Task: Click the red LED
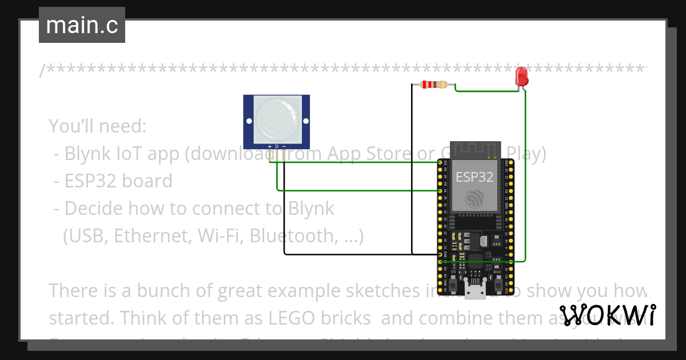pos(521,76)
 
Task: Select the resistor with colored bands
pos(433,85)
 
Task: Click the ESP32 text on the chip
pos(474,177)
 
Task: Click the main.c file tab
pos(82,26)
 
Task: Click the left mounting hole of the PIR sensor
pos(249,121)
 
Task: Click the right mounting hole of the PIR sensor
pos(305,121)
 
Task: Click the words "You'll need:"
pos(98,126)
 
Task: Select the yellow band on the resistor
pos(444,85)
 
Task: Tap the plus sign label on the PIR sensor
pos(270,147)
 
